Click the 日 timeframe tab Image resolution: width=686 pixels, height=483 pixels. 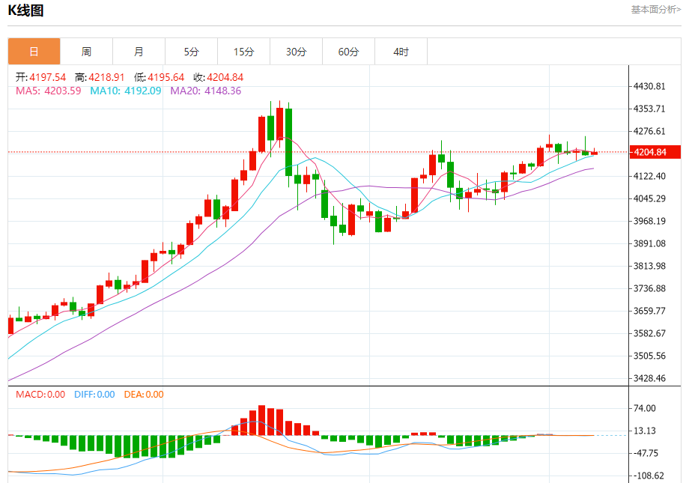pyautogui.click(x=34, y=52)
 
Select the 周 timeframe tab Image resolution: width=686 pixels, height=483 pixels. pyautogui.click(x=86, y=52)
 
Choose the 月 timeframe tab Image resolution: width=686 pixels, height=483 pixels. pyautogui.click(x=139, y=52)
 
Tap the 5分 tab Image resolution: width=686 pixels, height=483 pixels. pyautogui.click(x=192, y=52)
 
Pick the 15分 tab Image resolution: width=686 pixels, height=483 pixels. pyautogui.click(x=243, y=52)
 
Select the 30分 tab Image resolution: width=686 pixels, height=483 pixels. pyautogui.click(x=297, y=52)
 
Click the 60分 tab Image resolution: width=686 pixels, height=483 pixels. pyautogui.click(x=348, y=52)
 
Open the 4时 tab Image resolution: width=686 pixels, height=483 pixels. pyautogui.click(x=401, y=52)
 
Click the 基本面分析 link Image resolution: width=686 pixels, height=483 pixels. pyautogui.click(x=655, y=10)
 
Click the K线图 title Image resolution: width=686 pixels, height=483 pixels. pyautogui.click(x=27, y=10)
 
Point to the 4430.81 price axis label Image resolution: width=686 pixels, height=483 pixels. pyautogui.click(x=650, y=87)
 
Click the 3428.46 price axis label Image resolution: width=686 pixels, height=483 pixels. pyautogui.click(x=650, y=379)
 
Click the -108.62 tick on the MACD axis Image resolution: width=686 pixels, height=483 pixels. pyautogui.click(x=648, y=476)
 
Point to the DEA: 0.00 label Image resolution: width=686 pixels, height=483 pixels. pyautogui.click(x=143, y=395)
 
